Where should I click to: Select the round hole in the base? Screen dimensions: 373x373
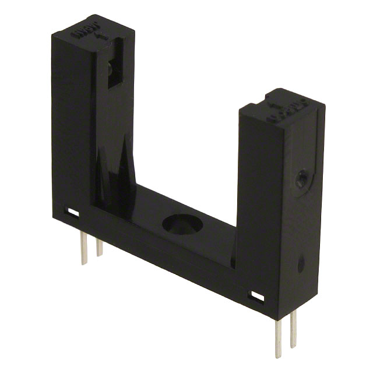(182, 224)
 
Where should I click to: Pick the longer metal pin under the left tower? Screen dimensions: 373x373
(83, 248)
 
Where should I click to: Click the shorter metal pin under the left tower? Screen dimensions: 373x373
(99, 245)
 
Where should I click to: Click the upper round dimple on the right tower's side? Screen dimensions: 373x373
(301, 180)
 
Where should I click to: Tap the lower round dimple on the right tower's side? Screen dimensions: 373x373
(301, 266)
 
